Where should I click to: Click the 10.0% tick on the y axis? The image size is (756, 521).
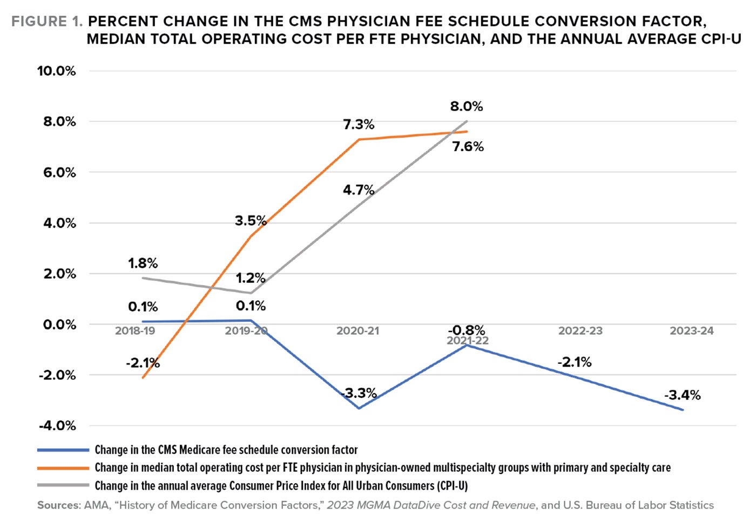[x=56, y=71]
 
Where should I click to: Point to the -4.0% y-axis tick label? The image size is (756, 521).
[x=57, y=426]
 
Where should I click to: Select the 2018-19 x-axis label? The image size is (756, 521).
[x=135, y=331]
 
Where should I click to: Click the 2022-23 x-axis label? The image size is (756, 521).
[x=580, y=331]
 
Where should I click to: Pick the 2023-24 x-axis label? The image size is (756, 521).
[x=691, y=331]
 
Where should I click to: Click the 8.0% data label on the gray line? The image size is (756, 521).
[x=467, y=106]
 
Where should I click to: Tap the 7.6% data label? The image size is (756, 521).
[x=468, y=147]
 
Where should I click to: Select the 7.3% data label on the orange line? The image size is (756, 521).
[x=359, y=125]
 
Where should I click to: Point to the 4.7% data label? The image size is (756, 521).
[x=359, y=190]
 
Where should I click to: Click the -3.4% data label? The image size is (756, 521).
[x=683, y=395]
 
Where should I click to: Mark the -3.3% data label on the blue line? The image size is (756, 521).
[x=360, y=393]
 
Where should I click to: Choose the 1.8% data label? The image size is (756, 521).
[x=143, y=263]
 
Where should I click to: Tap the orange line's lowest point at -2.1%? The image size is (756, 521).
[x=143, y=377]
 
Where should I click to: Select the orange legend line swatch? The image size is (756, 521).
[x=63, y=468]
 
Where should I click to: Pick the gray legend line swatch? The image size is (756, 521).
[x=63, y=486]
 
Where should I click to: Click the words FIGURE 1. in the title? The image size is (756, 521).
[x=47, y=22]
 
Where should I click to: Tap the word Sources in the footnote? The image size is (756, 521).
[x=58, y=505]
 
